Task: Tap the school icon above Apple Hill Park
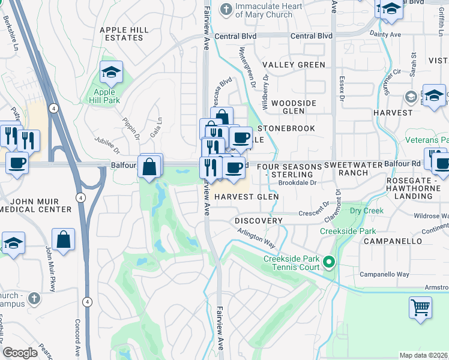pyautogui.click(x=111, y=73)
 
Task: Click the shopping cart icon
pyautogui.click(x=420, y=307)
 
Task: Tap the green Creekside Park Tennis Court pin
pyautogui.click(x=328, y=262)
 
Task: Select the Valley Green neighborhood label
pyautogui.click(x=294, y=65)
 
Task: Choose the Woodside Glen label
pyautogui.click(x=294, y=107)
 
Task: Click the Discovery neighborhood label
pyautogui.click(x=258, y=221)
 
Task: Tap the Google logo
pyautogui.click(x=20, y=353)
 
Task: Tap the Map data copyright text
pyautogui.click(x=423, y=355)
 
